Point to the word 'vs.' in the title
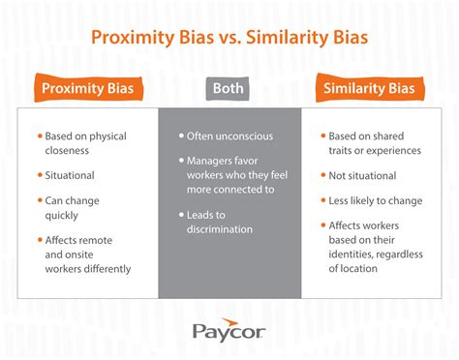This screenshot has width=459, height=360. pos(222,38)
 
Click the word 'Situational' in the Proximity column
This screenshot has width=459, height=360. pos(71,175)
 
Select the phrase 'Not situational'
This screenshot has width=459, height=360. pos(362,175)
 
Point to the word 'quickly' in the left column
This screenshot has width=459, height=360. pos(63,216)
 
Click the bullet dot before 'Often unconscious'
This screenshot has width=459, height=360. pos(181,137)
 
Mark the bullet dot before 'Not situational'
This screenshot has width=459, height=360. pos(321,175)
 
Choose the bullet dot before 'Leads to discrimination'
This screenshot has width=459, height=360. pos(181,215)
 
